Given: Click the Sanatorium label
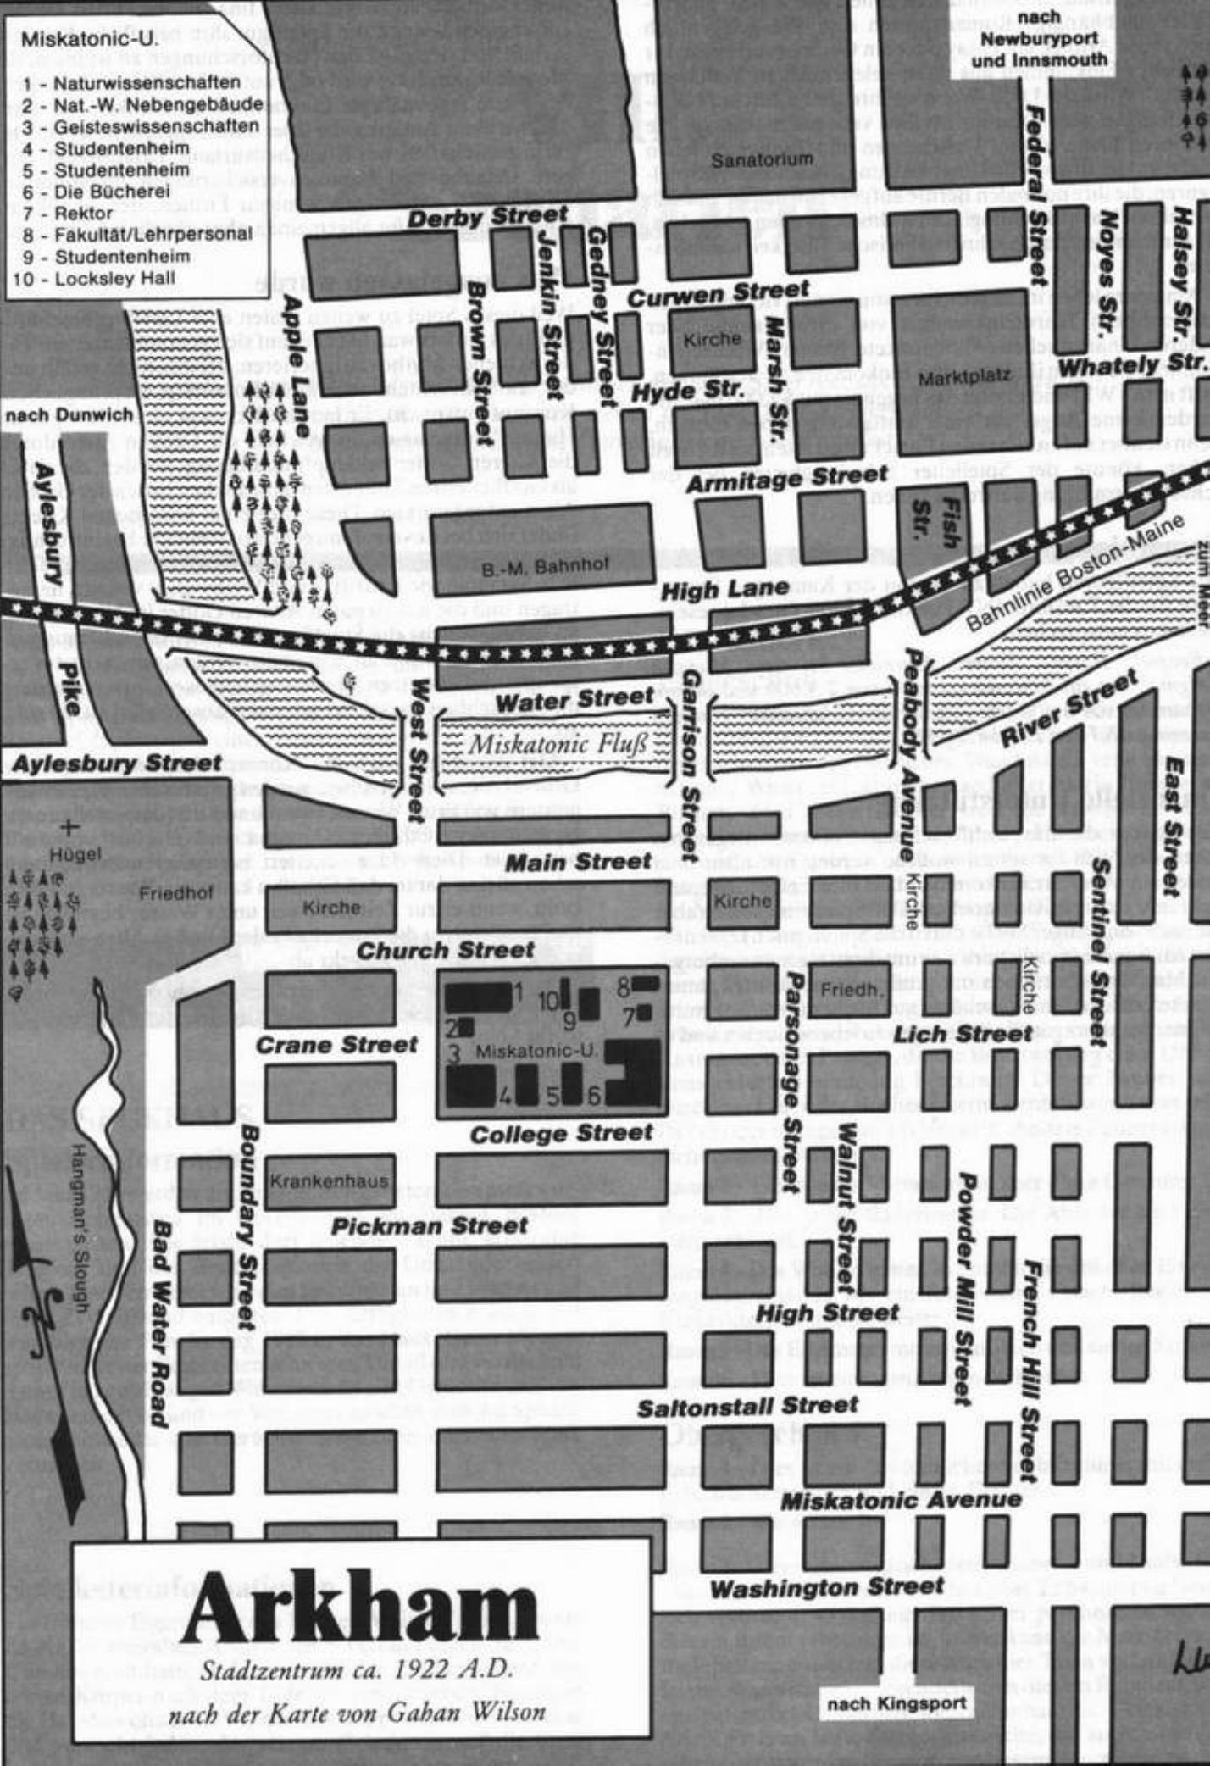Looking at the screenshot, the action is (761, 159).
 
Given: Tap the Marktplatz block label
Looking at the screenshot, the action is (963, 378).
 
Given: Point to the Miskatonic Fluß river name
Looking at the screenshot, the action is (558, 745).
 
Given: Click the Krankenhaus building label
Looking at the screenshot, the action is (329, 1180).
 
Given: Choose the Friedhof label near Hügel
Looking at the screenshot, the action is (176, 893).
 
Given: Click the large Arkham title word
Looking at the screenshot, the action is (360, 1605).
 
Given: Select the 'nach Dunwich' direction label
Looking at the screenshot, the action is (69, 415).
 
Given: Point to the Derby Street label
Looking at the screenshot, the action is (487, 217).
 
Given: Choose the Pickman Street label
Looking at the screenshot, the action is (429, 1226).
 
